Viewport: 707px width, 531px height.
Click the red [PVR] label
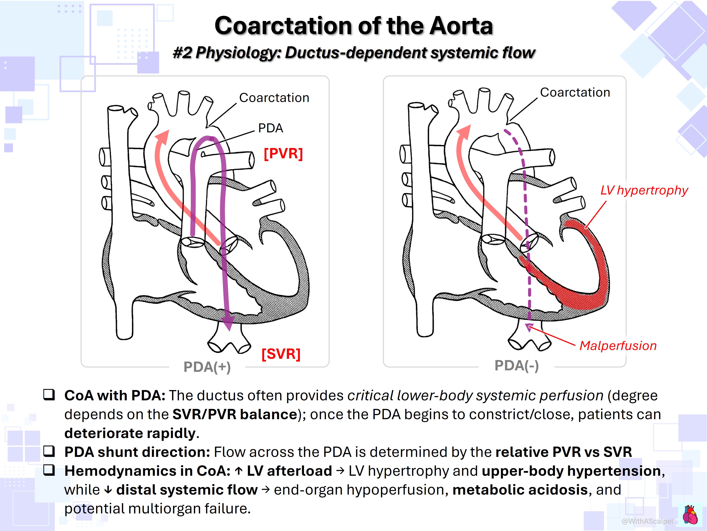(x=283, y=153)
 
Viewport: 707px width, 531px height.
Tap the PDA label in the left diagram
(x=270, y=128)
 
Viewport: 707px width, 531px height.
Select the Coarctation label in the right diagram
(x=575, y=92)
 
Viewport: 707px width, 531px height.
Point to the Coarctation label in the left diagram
(x=274, y=98)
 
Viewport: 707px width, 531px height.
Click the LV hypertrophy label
(x=644, y=190)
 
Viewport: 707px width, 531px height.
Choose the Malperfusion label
(x=618, y=346)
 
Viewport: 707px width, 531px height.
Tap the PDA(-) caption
(x=517, y=365)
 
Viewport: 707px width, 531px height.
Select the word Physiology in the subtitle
(x=238, y=53)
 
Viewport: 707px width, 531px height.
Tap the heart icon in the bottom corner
(x=690, y=514)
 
